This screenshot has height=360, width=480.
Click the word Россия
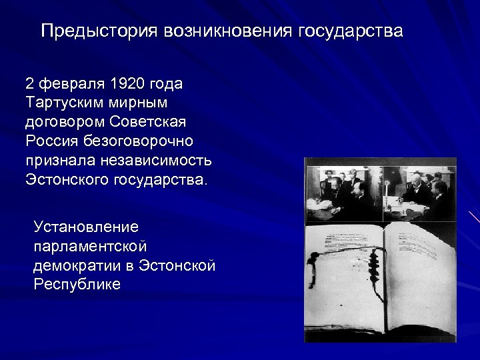(x=53, y=141)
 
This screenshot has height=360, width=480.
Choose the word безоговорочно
(x=139, y=141)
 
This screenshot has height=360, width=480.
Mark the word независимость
(x=157, y=161)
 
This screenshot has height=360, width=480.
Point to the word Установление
(x=86, y=227)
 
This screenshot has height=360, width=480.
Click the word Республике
(x=77, y=284)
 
